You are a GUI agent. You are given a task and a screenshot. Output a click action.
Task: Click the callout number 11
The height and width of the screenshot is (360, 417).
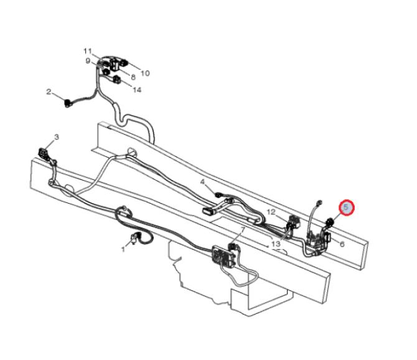click(x=88, y=51)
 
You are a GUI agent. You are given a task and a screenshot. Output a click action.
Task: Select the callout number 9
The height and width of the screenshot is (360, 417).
click(x=88, y=61)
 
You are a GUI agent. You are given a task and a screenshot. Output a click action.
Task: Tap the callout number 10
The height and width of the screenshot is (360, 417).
click(x=145, y=73)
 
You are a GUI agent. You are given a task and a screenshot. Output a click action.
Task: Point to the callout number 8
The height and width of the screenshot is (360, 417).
click(x=133, y=77)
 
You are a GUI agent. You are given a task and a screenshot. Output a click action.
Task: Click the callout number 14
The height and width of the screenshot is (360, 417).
click(x=137, y=90)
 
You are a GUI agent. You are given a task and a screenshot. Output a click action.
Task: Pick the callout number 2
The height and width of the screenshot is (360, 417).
click(x=49, y=92)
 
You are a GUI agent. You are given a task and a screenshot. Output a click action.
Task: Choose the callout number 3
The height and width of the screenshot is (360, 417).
click(x=57, y=137)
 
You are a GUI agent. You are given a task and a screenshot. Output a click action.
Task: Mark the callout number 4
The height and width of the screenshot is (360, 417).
click(x=203, y=182)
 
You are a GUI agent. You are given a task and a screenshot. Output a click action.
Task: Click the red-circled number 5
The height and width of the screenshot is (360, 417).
click(x=346, y=207)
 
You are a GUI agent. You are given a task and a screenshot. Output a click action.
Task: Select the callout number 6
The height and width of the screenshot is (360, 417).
click(x=342, y=244)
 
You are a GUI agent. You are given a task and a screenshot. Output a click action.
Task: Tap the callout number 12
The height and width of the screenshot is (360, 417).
click(x=271, y=212)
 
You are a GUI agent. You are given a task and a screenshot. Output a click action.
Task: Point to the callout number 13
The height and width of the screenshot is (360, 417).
click(x=276, y=244)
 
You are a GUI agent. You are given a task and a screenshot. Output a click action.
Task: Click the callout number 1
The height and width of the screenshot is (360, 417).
click(x=123, y=249)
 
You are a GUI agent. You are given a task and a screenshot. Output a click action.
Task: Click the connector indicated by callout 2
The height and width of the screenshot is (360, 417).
click(x=68, y=103)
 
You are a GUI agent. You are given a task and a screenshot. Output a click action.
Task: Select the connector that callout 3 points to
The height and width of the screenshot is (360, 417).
click(x=44, y=153)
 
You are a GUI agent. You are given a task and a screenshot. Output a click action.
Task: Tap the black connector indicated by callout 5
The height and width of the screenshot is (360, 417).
click(x=330, y=221)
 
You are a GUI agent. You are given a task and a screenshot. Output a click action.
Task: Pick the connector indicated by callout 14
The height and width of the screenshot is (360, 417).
click(x=117, y=79)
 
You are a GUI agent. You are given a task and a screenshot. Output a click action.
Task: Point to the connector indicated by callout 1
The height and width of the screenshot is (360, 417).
click(x=134, y=237)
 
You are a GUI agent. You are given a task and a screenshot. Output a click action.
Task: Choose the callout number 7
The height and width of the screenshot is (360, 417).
click(x=243, y=229)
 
